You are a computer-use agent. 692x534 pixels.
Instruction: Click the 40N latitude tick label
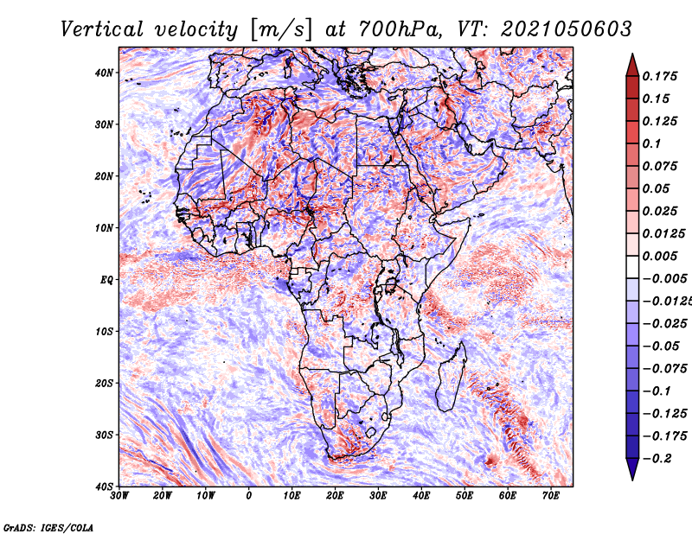point(104,73)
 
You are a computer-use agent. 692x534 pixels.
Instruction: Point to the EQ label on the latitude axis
point(106,281)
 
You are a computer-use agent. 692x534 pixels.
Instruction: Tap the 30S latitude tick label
point(104,435)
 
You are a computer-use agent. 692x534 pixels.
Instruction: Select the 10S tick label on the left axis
point(104,332)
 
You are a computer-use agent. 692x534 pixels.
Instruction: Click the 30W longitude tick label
point(119,496)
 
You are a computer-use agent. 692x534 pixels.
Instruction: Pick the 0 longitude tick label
point(249,496)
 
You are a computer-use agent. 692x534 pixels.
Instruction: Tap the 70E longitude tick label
point(551,496)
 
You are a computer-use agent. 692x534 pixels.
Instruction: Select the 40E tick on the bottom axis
point(421,496)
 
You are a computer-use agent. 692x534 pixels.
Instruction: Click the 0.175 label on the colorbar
point(660,77)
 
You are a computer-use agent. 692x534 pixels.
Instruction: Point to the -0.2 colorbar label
point(657,459)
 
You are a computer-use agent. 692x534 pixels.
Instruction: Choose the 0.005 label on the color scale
point(660,256)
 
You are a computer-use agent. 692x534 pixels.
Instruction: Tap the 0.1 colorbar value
point(652,143)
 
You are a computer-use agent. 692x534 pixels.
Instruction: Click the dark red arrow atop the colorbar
point(632,65)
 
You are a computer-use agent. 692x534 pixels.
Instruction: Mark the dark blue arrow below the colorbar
point(632,469)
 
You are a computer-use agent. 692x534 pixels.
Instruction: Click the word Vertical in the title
point(102,29)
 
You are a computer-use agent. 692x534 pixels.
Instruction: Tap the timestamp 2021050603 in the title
point(567,29)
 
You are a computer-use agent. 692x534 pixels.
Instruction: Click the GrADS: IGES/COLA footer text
point(48,528)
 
